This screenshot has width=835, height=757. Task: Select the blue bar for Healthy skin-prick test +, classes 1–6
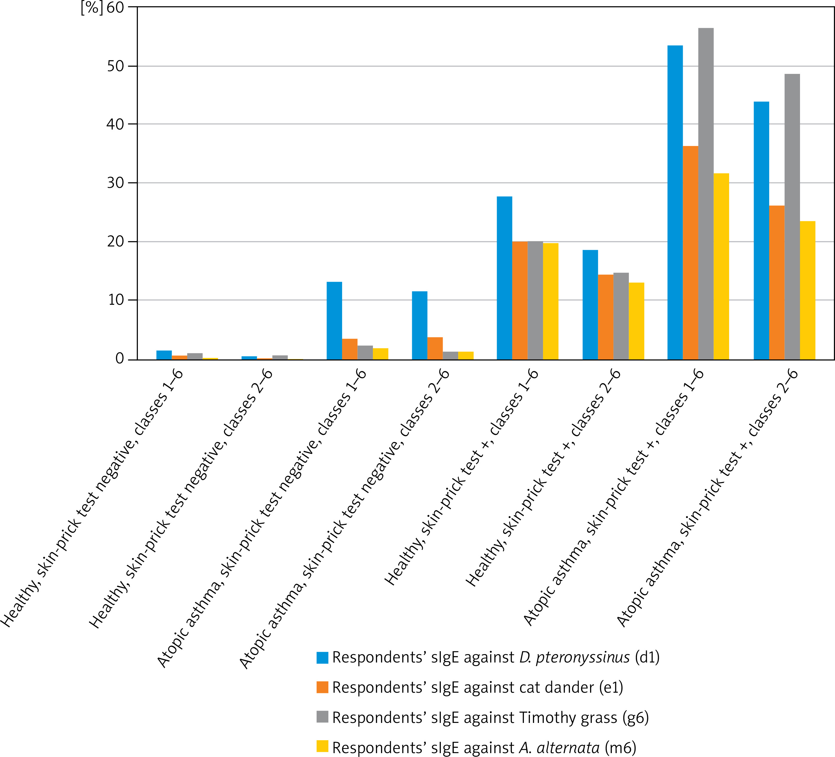coord(505,278)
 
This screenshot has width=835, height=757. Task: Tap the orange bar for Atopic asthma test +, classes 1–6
coord(691,253)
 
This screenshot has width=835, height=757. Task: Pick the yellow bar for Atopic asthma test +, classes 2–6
coord(808,290)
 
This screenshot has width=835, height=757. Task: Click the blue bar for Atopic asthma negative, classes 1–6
coord(334,321)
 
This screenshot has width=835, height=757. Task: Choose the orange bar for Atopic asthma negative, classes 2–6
coord(435,348)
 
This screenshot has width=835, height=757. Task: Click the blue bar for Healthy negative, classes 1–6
coord(164,355)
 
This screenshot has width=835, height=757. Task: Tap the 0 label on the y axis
coord(120,359)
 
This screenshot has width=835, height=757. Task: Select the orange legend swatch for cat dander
coord(322,687)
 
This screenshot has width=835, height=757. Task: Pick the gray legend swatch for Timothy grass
coord(322,717)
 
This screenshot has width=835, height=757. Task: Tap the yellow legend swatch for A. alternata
coord(322,746)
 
